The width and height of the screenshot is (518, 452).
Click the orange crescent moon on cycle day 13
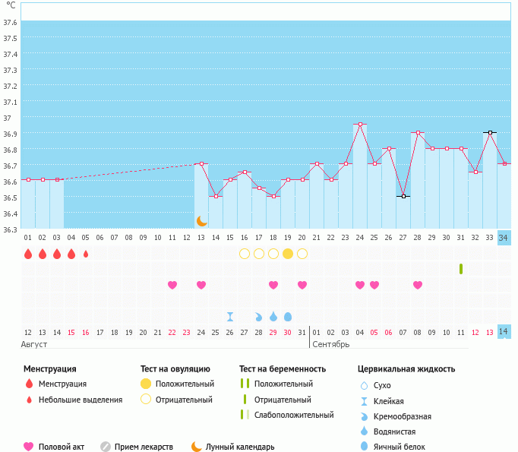click(x=201, y=221)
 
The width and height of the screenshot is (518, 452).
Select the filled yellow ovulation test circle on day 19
click(x=288, y=254)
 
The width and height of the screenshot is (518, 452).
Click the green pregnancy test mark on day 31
click(x=461, y=269)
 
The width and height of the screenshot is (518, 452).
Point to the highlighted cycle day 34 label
click(x=504, y=238)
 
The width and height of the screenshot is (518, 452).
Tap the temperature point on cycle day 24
click(x=360, y=124)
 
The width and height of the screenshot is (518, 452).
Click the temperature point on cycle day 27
click(x=403, y=196)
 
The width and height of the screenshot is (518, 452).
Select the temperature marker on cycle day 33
click(x=490, y=132)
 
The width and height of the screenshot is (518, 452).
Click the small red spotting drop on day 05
click(x=86, y=254)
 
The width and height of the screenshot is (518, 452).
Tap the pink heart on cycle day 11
click(x=172, y=285)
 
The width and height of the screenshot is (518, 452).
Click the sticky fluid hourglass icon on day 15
click(x=230, y=316)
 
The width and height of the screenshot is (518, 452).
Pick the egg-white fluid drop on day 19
click(x=288, y=316)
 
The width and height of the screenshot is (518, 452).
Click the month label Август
click(x=35, y=344)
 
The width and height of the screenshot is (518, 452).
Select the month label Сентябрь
click(x=330, y=344)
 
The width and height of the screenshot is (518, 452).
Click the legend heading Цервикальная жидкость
click(x=406, y=369)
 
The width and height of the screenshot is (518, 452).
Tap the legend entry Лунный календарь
click(x=241, y=447)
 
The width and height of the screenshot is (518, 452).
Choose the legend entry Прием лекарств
click(x=144, y=447)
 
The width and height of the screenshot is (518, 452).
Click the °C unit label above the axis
click(x=11, y=6)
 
